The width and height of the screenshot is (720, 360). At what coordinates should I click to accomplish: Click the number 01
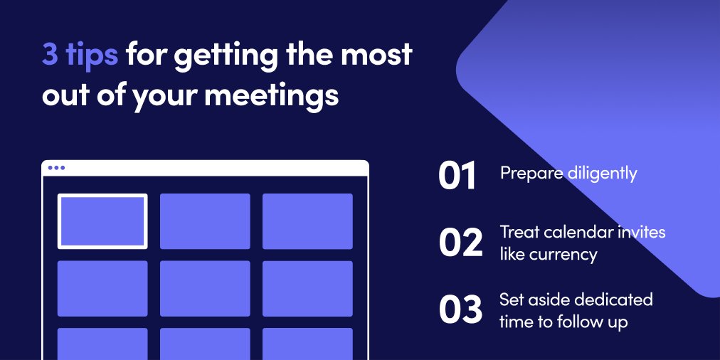pos(457,176)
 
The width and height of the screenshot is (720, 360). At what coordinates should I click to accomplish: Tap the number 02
pos(460,243)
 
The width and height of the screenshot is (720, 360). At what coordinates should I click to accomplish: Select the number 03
pos(460,311)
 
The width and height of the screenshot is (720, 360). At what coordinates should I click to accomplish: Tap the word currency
pos(567,254)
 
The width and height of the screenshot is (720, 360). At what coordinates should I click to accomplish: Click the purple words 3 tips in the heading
pos(80,55)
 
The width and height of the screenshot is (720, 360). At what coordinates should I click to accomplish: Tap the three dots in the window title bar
pos(56,168)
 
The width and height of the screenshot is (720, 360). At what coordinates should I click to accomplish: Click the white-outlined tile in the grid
pos(102,221)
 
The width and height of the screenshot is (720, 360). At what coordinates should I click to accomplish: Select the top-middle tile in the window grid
pos(205,221)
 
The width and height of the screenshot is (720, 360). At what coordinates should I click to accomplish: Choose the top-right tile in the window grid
pos(307,221)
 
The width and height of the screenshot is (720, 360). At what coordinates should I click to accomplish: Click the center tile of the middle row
pos(205,288)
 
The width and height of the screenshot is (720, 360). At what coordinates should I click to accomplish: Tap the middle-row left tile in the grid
pos(102,288)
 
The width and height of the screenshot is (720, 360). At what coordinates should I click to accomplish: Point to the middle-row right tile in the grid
pos(307,288)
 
